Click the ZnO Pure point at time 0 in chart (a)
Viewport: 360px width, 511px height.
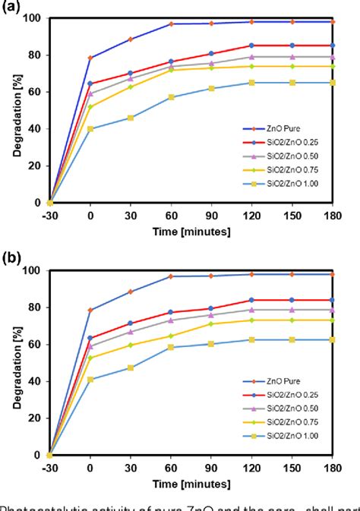(90, 58)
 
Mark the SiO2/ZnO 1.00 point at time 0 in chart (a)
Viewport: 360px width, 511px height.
(90, 129)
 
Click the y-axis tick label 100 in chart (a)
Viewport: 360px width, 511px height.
(33, 18)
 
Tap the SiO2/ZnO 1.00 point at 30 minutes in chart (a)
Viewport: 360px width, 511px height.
(131, 118)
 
